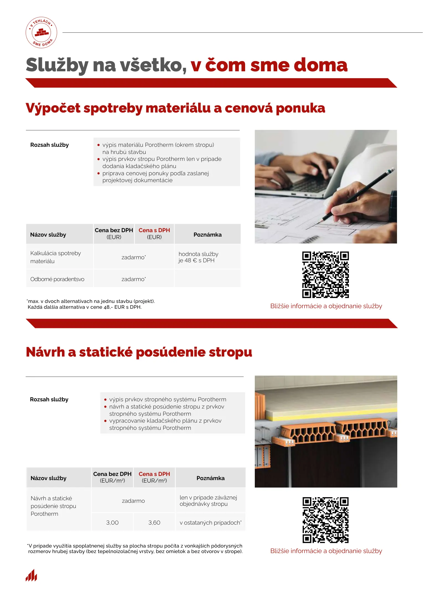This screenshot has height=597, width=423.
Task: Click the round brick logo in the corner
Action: [41, 33]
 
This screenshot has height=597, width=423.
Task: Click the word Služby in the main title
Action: [57, 65]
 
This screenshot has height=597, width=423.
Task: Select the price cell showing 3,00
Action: [112, 523]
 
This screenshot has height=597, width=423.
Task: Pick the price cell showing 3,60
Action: [154, 523]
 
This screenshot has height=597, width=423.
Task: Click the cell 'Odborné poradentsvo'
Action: [57, 279]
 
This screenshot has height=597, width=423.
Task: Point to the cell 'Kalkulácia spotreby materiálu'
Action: [56, 257]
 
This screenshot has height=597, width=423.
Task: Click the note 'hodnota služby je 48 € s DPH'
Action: [198, 257]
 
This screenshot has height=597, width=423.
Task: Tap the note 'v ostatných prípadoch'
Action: [210, 523]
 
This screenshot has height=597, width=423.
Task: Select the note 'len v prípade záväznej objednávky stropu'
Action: [208, 501]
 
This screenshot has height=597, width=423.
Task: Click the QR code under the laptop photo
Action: [325, 274]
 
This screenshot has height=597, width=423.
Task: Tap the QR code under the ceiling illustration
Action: [325, 520]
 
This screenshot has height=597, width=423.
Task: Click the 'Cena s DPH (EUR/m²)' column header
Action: [154, 477]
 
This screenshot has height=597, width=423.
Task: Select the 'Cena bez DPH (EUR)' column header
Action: [114, 234]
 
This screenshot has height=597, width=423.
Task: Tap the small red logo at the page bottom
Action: [31, 575]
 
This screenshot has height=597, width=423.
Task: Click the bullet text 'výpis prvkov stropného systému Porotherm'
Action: [167, 399]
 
